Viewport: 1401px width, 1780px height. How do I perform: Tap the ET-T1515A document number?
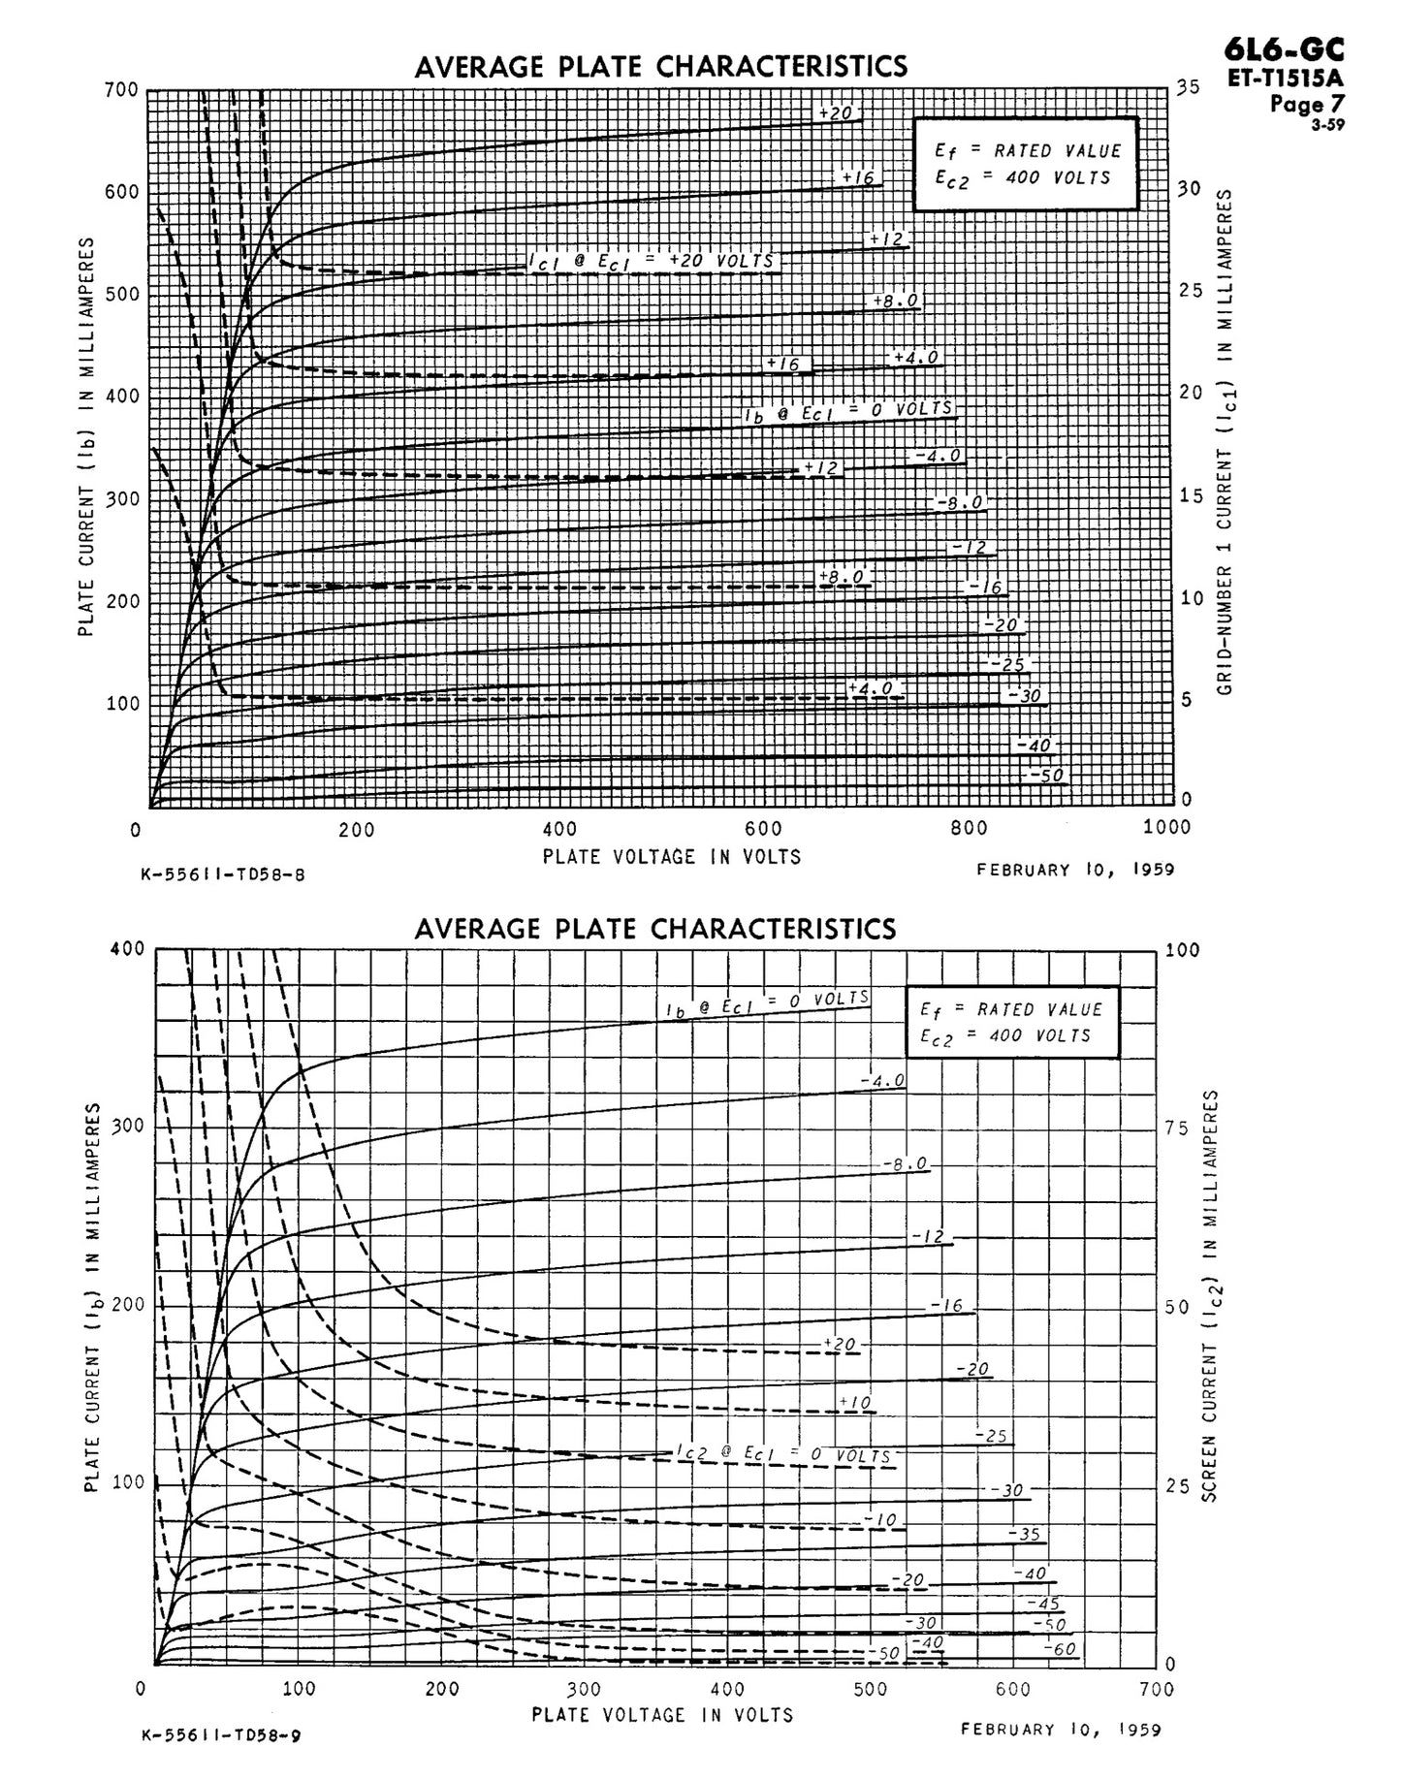(1286, 79)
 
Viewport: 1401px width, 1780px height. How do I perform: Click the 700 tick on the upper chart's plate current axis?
(122, 90)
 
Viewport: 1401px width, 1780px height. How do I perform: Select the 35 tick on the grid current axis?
(1189, 87)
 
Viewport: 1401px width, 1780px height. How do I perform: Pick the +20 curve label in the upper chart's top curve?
(835, 113)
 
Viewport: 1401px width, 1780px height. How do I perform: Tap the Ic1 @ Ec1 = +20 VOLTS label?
(652, 261)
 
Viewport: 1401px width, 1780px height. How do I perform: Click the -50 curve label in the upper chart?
(1046, 776)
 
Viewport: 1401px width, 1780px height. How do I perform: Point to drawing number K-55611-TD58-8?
(223, 874)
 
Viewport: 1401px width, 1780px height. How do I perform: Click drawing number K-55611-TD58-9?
(220, 1734)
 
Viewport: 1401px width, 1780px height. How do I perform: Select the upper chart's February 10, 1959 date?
(1075, 870)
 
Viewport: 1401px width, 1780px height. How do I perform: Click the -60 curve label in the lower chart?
(1060, 1649)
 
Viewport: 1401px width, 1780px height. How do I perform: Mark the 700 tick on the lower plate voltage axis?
(1158, 1689)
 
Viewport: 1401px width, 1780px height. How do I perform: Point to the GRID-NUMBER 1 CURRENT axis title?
(1225, 441)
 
